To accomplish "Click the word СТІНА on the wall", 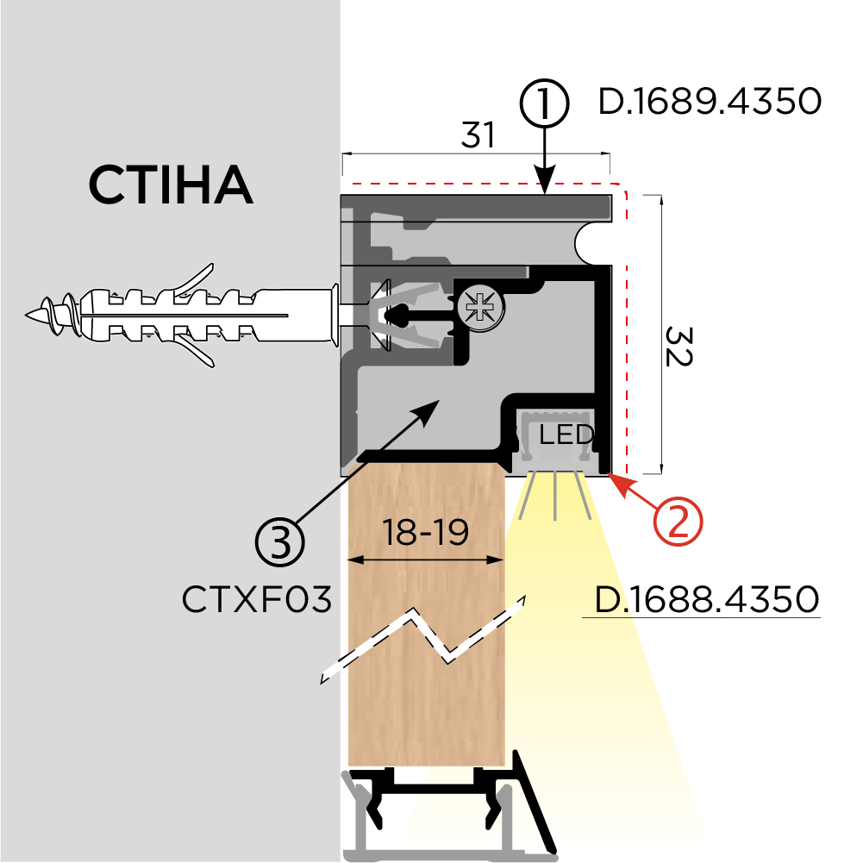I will tap(171, 184).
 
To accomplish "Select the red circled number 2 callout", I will tap(678, 520).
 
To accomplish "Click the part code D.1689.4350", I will tap(709, 103).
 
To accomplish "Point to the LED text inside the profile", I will tap(566, 434).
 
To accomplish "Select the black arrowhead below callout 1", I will tap(544, 180).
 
